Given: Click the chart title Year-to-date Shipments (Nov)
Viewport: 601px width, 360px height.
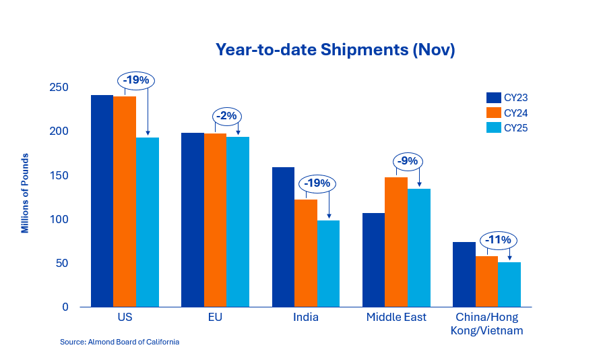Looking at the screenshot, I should pos(335,50).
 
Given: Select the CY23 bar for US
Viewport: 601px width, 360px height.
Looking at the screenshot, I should pos(102,201).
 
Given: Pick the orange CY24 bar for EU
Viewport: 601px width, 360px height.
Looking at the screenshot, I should pos(215,220).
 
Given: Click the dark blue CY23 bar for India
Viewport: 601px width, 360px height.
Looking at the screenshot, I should pos(283,237).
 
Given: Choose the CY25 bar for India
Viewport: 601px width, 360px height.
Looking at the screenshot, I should pos(328,264).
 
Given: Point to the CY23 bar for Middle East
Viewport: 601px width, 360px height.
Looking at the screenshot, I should pos(373,260).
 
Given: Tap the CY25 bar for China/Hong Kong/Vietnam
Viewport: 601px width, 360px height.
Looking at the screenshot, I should pos(509,284).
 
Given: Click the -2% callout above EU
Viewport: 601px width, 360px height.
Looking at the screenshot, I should pos(227,116).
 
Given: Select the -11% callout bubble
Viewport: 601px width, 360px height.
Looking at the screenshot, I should pos(499,239).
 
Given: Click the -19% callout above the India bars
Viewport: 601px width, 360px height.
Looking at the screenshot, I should pos(317,183).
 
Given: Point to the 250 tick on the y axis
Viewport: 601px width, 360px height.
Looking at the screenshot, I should pos(59,88).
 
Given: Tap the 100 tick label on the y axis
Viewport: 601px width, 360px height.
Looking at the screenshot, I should pos(59,219).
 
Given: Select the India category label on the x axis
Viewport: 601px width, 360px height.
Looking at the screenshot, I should pos(305,317).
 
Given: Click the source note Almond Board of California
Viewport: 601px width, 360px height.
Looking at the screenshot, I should pos(119,342).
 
